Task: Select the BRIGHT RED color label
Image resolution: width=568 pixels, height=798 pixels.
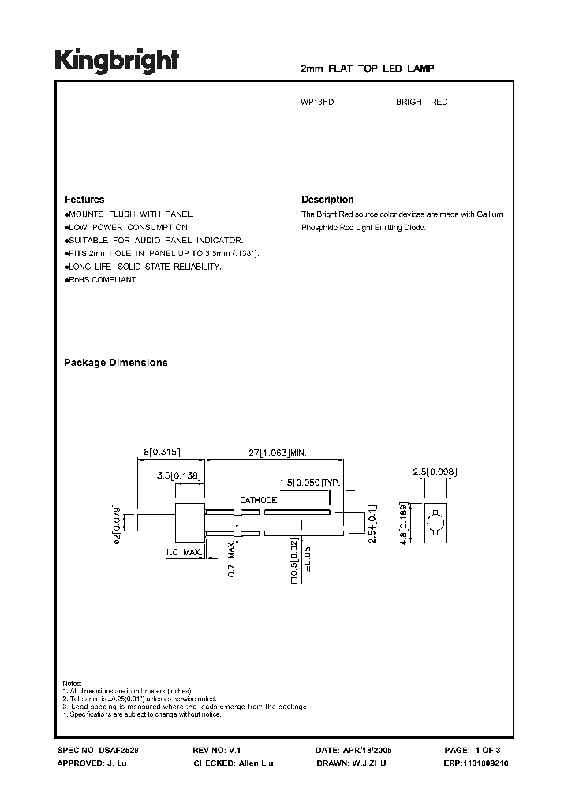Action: tap(421, 103)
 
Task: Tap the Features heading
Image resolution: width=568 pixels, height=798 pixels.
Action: tap(84, 199)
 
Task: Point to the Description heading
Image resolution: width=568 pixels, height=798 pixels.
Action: tap(327, 199)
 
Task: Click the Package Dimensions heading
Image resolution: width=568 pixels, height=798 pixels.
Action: tap(115, 363)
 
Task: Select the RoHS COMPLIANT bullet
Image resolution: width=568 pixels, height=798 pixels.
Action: tap(102, 281)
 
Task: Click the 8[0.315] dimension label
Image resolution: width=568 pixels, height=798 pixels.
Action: tap(162, 452)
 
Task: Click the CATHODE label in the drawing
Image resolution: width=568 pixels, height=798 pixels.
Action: tap(258, 500)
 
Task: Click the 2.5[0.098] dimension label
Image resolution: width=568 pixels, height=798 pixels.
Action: tap(435, 472)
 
